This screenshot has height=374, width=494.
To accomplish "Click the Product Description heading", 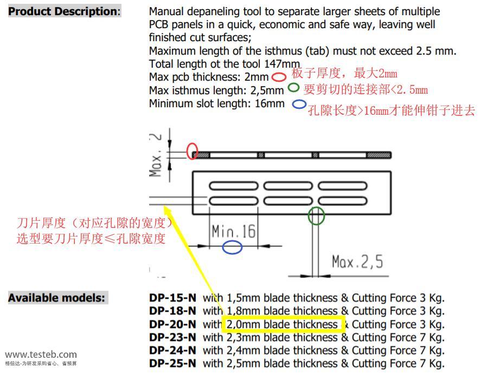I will pos(64,11).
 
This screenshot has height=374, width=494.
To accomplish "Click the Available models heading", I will pos(57,298).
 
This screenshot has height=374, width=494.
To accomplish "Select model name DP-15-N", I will pos(172,298).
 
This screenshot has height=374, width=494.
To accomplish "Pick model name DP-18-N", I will pos(172,311).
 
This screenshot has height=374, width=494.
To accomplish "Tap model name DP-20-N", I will pos(172,324).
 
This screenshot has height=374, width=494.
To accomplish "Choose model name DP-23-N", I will pos(172,337).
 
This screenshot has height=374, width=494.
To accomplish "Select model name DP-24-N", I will pos(172,350).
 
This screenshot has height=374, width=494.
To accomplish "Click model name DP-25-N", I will pos(172,363).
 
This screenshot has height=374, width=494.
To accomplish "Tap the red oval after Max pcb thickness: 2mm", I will pos(279,77).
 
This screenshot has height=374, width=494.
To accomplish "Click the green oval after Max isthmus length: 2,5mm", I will pos(293,87).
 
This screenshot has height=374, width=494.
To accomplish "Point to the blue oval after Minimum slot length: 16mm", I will pos(299,104).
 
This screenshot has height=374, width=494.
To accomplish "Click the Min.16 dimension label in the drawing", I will pos(233,232).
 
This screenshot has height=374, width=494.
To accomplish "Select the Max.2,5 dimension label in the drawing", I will pos(357,262).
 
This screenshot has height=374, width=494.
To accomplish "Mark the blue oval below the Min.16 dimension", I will pos(232,248).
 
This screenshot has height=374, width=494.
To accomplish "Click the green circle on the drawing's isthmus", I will pos(316,216).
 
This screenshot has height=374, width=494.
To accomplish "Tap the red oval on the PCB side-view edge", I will pos(192,152).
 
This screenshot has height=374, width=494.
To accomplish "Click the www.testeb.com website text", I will pos(41,355).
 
